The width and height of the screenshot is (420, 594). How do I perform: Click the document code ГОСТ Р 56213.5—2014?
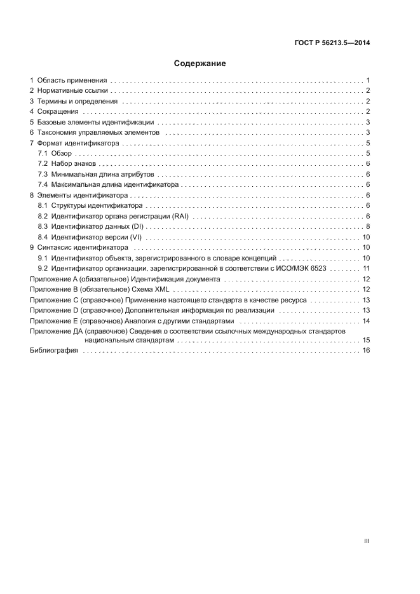click(x=332, y=43)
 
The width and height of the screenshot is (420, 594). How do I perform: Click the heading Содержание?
click(x=200, y=64)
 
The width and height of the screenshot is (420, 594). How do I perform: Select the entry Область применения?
click(x=72, y=81)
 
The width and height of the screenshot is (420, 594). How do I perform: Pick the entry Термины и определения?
click(x=77, y=101)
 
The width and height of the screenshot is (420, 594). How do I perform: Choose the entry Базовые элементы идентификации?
click(x=95, y=122)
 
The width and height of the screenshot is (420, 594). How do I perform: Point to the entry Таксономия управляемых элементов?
click(x=99, y=132)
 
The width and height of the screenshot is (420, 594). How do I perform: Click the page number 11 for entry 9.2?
click(x=366, y=269)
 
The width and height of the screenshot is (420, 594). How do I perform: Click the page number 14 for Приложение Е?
click(x=366, y=320)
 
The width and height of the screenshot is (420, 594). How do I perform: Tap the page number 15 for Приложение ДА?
click(x=366, y=341)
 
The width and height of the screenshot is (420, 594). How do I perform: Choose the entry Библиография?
click(x=54, y=351)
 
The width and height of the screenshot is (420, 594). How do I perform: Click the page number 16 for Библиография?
click(x=366, y=351)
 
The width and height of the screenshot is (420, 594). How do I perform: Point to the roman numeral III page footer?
click(x=366, y=541)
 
